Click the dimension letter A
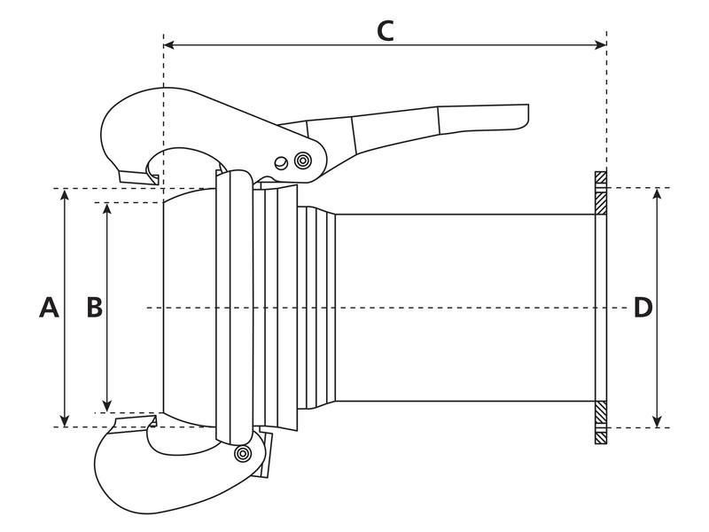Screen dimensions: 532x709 point(50,308)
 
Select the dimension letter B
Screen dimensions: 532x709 point(94,308)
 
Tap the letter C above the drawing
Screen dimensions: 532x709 point(385,30)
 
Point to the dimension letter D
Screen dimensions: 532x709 point(643,308)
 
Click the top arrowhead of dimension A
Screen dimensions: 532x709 point(66,194)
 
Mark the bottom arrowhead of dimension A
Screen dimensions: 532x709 point(66,421)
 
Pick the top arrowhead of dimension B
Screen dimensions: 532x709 point(107,208)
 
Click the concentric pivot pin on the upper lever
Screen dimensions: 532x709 point(303,161)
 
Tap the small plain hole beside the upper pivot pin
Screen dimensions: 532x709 point(281,162)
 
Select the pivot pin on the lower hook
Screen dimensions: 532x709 point(240,454)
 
